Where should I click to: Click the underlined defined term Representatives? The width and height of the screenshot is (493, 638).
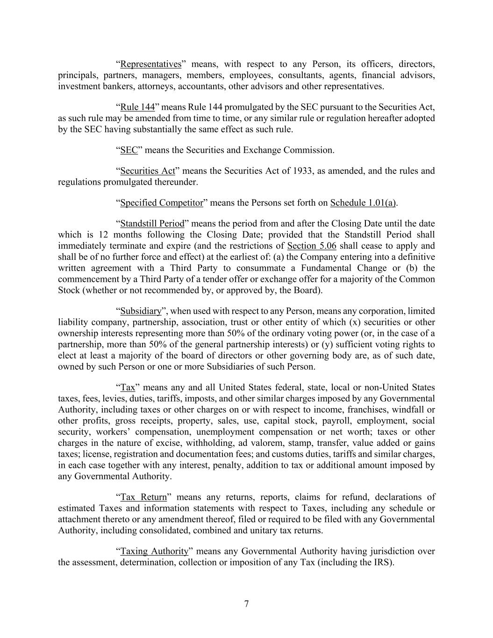(x=150, y=64)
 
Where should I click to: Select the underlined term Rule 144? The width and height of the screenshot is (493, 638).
(x=137, y=107)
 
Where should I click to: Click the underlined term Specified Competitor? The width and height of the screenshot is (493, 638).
(x=162, y=203)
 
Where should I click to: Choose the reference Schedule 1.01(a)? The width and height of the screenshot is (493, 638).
(x=363, y=203)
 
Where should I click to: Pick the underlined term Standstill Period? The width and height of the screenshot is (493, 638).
(x=152, y=223)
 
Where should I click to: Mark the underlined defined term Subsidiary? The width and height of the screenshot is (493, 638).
(x=141, y=311)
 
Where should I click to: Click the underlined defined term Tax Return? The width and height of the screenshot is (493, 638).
(x=143, y=497)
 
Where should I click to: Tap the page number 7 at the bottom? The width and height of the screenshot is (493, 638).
(x=246, y=604)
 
